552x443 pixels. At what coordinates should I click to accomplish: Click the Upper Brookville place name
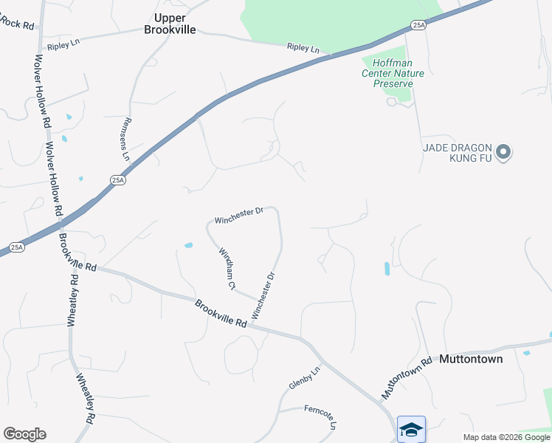point(175,24)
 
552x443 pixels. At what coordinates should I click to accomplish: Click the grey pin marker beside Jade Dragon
point(503,153)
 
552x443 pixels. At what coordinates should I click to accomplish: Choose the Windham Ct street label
point(227,267)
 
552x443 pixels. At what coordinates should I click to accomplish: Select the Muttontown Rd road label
point(406,380)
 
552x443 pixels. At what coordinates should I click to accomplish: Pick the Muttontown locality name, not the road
point(471,360)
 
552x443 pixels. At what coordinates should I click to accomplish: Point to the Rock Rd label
point(18,24)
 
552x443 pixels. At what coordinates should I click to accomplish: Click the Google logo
point(24,434)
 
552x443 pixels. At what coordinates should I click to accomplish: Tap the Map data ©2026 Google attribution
point(506,437)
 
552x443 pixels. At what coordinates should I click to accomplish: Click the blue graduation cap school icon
point(411,429)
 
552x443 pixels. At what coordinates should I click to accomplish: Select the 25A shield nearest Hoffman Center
point(418,25)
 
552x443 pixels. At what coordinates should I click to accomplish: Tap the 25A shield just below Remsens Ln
point(117,179)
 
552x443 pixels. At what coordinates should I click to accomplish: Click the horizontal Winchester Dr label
point(239,216)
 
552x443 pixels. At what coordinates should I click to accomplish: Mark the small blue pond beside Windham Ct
point(188,245)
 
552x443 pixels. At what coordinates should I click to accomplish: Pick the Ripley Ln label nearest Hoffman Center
point(303,49)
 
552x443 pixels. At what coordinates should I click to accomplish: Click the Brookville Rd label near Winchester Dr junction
point(221,313)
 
